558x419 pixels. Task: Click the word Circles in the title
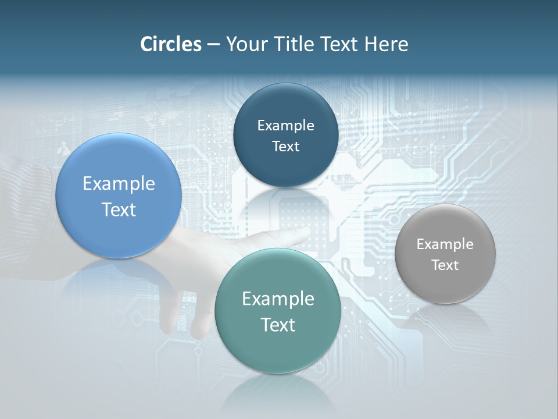tap(170, 44)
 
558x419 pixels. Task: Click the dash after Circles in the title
tap(213, 45)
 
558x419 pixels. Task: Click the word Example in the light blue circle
tap(119, 184)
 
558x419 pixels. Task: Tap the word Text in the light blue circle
tap(119, 210)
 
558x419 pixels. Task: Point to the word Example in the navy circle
tap(285, 126)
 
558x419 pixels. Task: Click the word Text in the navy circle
tap(285, 147)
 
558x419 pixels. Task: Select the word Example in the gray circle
tap(445, 244)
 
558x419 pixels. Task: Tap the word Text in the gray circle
tap(445, 265)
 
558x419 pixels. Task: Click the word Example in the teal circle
tap(278, 299)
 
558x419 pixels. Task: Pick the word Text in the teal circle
tap(278, 325)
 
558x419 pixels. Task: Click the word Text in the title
tap(339, 44)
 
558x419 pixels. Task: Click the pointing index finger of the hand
tap(285, 236)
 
